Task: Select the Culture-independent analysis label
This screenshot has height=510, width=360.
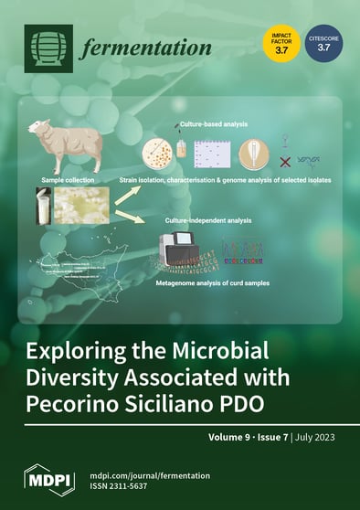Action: coord(209,220)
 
